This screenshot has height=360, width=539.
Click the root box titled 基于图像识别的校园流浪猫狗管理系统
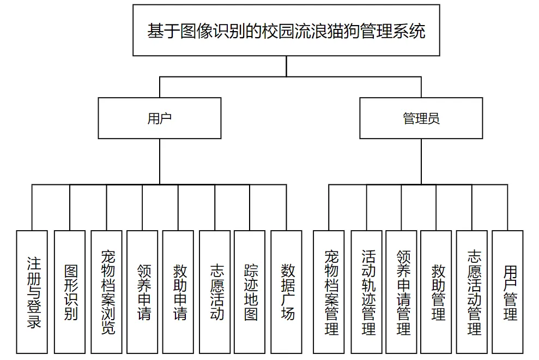286,31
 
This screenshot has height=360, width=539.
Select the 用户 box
160,118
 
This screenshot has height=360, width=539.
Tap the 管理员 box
421,118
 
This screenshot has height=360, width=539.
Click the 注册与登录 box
32,292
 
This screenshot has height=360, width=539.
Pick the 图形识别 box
70,292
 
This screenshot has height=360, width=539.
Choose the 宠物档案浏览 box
107,292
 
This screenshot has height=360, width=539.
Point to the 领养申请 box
142,292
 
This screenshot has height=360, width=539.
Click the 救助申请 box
178,292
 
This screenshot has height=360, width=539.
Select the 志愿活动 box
215,292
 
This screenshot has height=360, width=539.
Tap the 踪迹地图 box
250,292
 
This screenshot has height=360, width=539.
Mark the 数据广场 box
286,292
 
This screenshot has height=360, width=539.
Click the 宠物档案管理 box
329,292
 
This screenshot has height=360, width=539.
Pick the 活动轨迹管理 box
366,292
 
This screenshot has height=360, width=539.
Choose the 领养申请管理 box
401,292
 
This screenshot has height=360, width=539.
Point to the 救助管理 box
436,292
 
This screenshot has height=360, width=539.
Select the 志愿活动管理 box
472,292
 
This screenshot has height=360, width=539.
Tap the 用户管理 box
508,292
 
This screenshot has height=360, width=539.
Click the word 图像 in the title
197,31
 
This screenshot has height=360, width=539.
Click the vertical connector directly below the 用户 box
160,162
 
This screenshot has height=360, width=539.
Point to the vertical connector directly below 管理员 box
421,162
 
